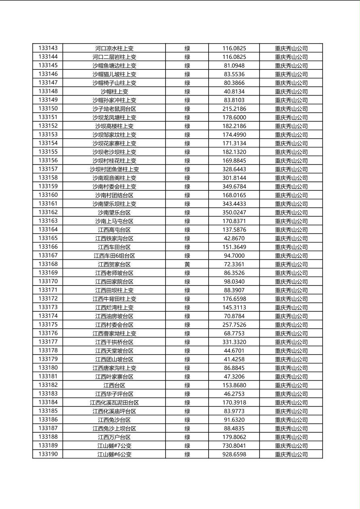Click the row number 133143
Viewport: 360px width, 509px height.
[48, 48]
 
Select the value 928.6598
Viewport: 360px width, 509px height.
[234, 454]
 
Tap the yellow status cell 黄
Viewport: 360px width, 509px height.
[187, 264]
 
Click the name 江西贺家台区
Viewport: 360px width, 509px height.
[114, 264]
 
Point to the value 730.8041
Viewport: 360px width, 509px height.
[234, 446]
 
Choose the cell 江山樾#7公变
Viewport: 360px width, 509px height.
[114, 446]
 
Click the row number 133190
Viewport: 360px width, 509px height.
[48, 454]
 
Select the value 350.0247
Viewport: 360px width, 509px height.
[234, 212]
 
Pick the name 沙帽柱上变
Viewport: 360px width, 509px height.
[114, 92]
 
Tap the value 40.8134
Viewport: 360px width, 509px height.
[234, 92]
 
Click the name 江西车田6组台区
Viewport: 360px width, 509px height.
[114, 256]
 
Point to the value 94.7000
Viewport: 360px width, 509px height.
[234, 256]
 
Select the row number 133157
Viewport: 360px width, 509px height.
[48, 169]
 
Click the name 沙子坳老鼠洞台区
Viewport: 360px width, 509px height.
[114, 108]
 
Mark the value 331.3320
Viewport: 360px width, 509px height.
[234, 342]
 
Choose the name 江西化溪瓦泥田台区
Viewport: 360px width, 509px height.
[114, 403]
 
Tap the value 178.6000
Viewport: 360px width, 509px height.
[234, 117]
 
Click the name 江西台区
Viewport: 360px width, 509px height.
[114, 385]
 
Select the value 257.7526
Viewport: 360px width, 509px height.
[234, 325]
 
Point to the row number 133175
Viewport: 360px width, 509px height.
[48, 325]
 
